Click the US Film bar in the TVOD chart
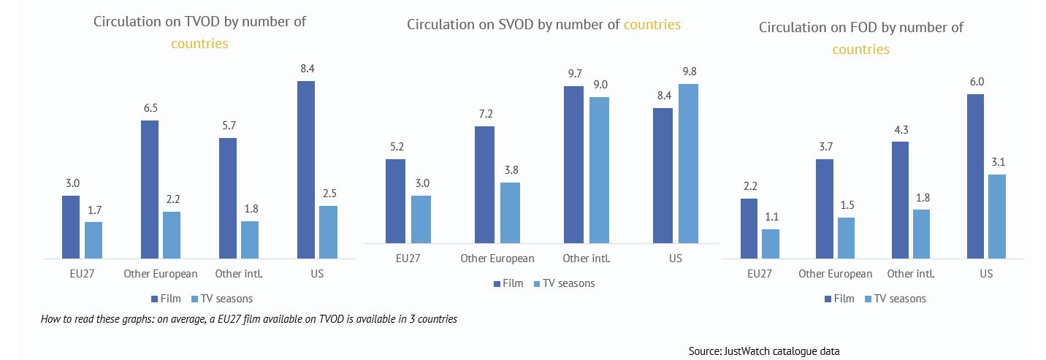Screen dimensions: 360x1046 pos(306,169)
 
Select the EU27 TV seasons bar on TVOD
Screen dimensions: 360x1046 pos(93,240)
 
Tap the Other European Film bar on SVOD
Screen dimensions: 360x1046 pos(484,184)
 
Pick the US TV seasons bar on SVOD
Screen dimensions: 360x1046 pos(688,163)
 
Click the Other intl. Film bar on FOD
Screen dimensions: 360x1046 pos(900,199)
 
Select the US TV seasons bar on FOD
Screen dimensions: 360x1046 pos(996,216)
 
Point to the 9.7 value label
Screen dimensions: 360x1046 pos(574,74)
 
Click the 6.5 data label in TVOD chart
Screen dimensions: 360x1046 pos(150,108)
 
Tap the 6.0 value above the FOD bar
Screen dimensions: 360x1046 pos(976,82)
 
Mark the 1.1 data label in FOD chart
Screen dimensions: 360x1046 pos(771,217)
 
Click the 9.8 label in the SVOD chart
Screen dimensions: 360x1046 pos(688,72)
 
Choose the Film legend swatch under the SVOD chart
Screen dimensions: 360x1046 pos(497,283)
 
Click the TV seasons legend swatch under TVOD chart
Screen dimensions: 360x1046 pos(194,299)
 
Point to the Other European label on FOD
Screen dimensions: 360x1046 pos(835,274)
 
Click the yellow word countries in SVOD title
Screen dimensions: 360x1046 pos(652,25)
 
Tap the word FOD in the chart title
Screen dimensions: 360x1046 pos(893,28)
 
